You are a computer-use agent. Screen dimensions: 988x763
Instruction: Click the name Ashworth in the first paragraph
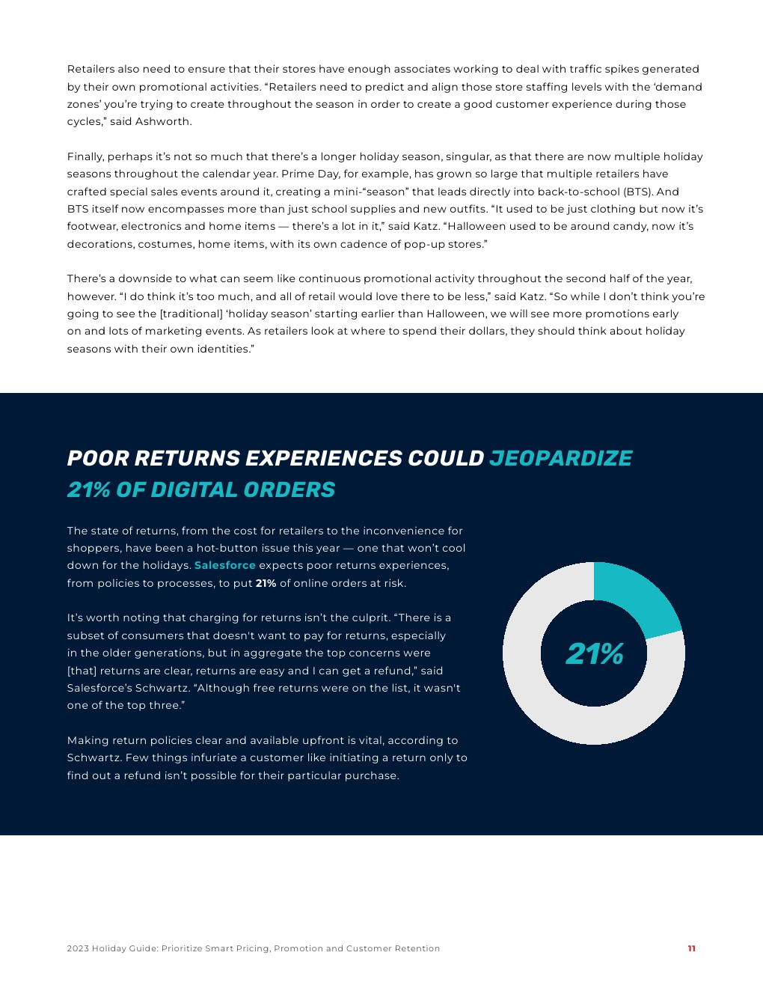click(163, 121)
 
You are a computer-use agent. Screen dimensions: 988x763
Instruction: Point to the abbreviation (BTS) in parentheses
click(637, 192)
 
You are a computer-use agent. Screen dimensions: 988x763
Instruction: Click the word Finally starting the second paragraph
click(85, 156)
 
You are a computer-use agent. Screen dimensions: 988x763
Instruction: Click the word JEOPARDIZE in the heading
click(560, 458)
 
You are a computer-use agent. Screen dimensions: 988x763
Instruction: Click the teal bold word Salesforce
click(224, 565)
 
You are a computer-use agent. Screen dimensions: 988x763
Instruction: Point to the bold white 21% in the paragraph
click(266, 583)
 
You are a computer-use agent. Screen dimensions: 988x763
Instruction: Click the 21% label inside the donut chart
click(594, 654)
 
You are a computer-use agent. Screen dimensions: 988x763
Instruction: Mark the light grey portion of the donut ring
click(554, 711)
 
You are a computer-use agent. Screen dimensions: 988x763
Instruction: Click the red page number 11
click(691, 948)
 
